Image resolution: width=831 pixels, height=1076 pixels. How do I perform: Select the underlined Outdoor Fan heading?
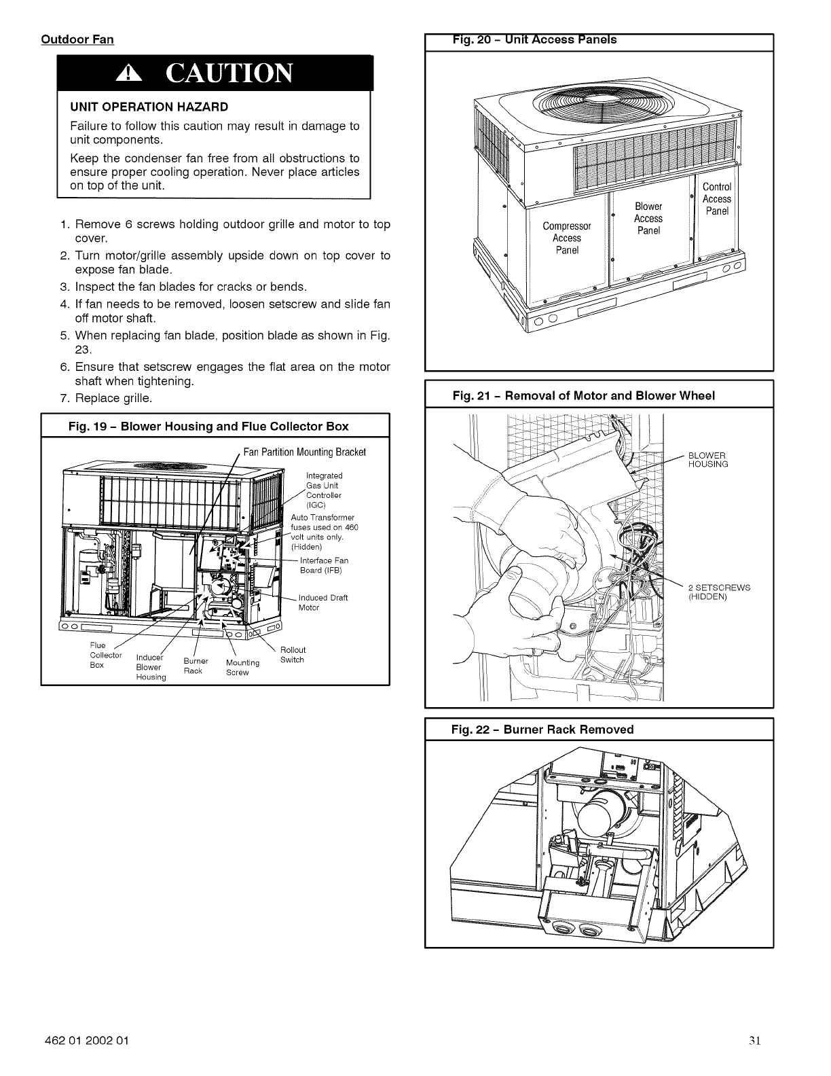coord(77,39)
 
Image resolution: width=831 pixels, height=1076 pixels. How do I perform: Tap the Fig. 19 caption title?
coord(209,427)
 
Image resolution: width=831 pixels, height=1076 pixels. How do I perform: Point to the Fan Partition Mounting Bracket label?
coord(305,452)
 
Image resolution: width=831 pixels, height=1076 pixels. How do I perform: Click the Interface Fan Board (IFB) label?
coord(324,564)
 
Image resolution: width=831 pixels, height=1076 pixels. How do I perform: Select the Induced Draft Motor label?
coord(322,603)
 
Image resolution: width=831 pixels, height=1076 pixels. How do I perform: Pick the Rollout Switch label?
coord(293,655)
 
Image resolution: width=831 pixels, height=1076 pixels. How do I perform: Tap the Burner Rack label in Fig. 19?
coord(196,666)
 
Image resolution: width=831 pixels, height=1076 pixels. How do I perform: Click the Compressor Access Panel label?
coord(567,238)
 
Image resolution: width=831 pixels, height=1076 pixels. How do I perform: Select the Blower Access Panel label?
coord(648,219)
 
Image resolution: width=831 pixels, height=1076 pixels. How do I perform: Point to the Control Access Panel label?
coord(716,199)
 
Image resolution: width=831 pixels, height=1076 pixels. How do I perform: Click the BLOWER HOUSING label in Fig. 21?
coord(707,459)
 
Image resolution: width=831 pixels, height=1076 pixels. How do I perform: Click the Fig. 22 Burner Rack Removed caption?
coord(542,730)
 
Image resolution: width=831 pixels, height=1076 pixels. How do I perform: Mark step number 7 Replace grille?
coord(106,397)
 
